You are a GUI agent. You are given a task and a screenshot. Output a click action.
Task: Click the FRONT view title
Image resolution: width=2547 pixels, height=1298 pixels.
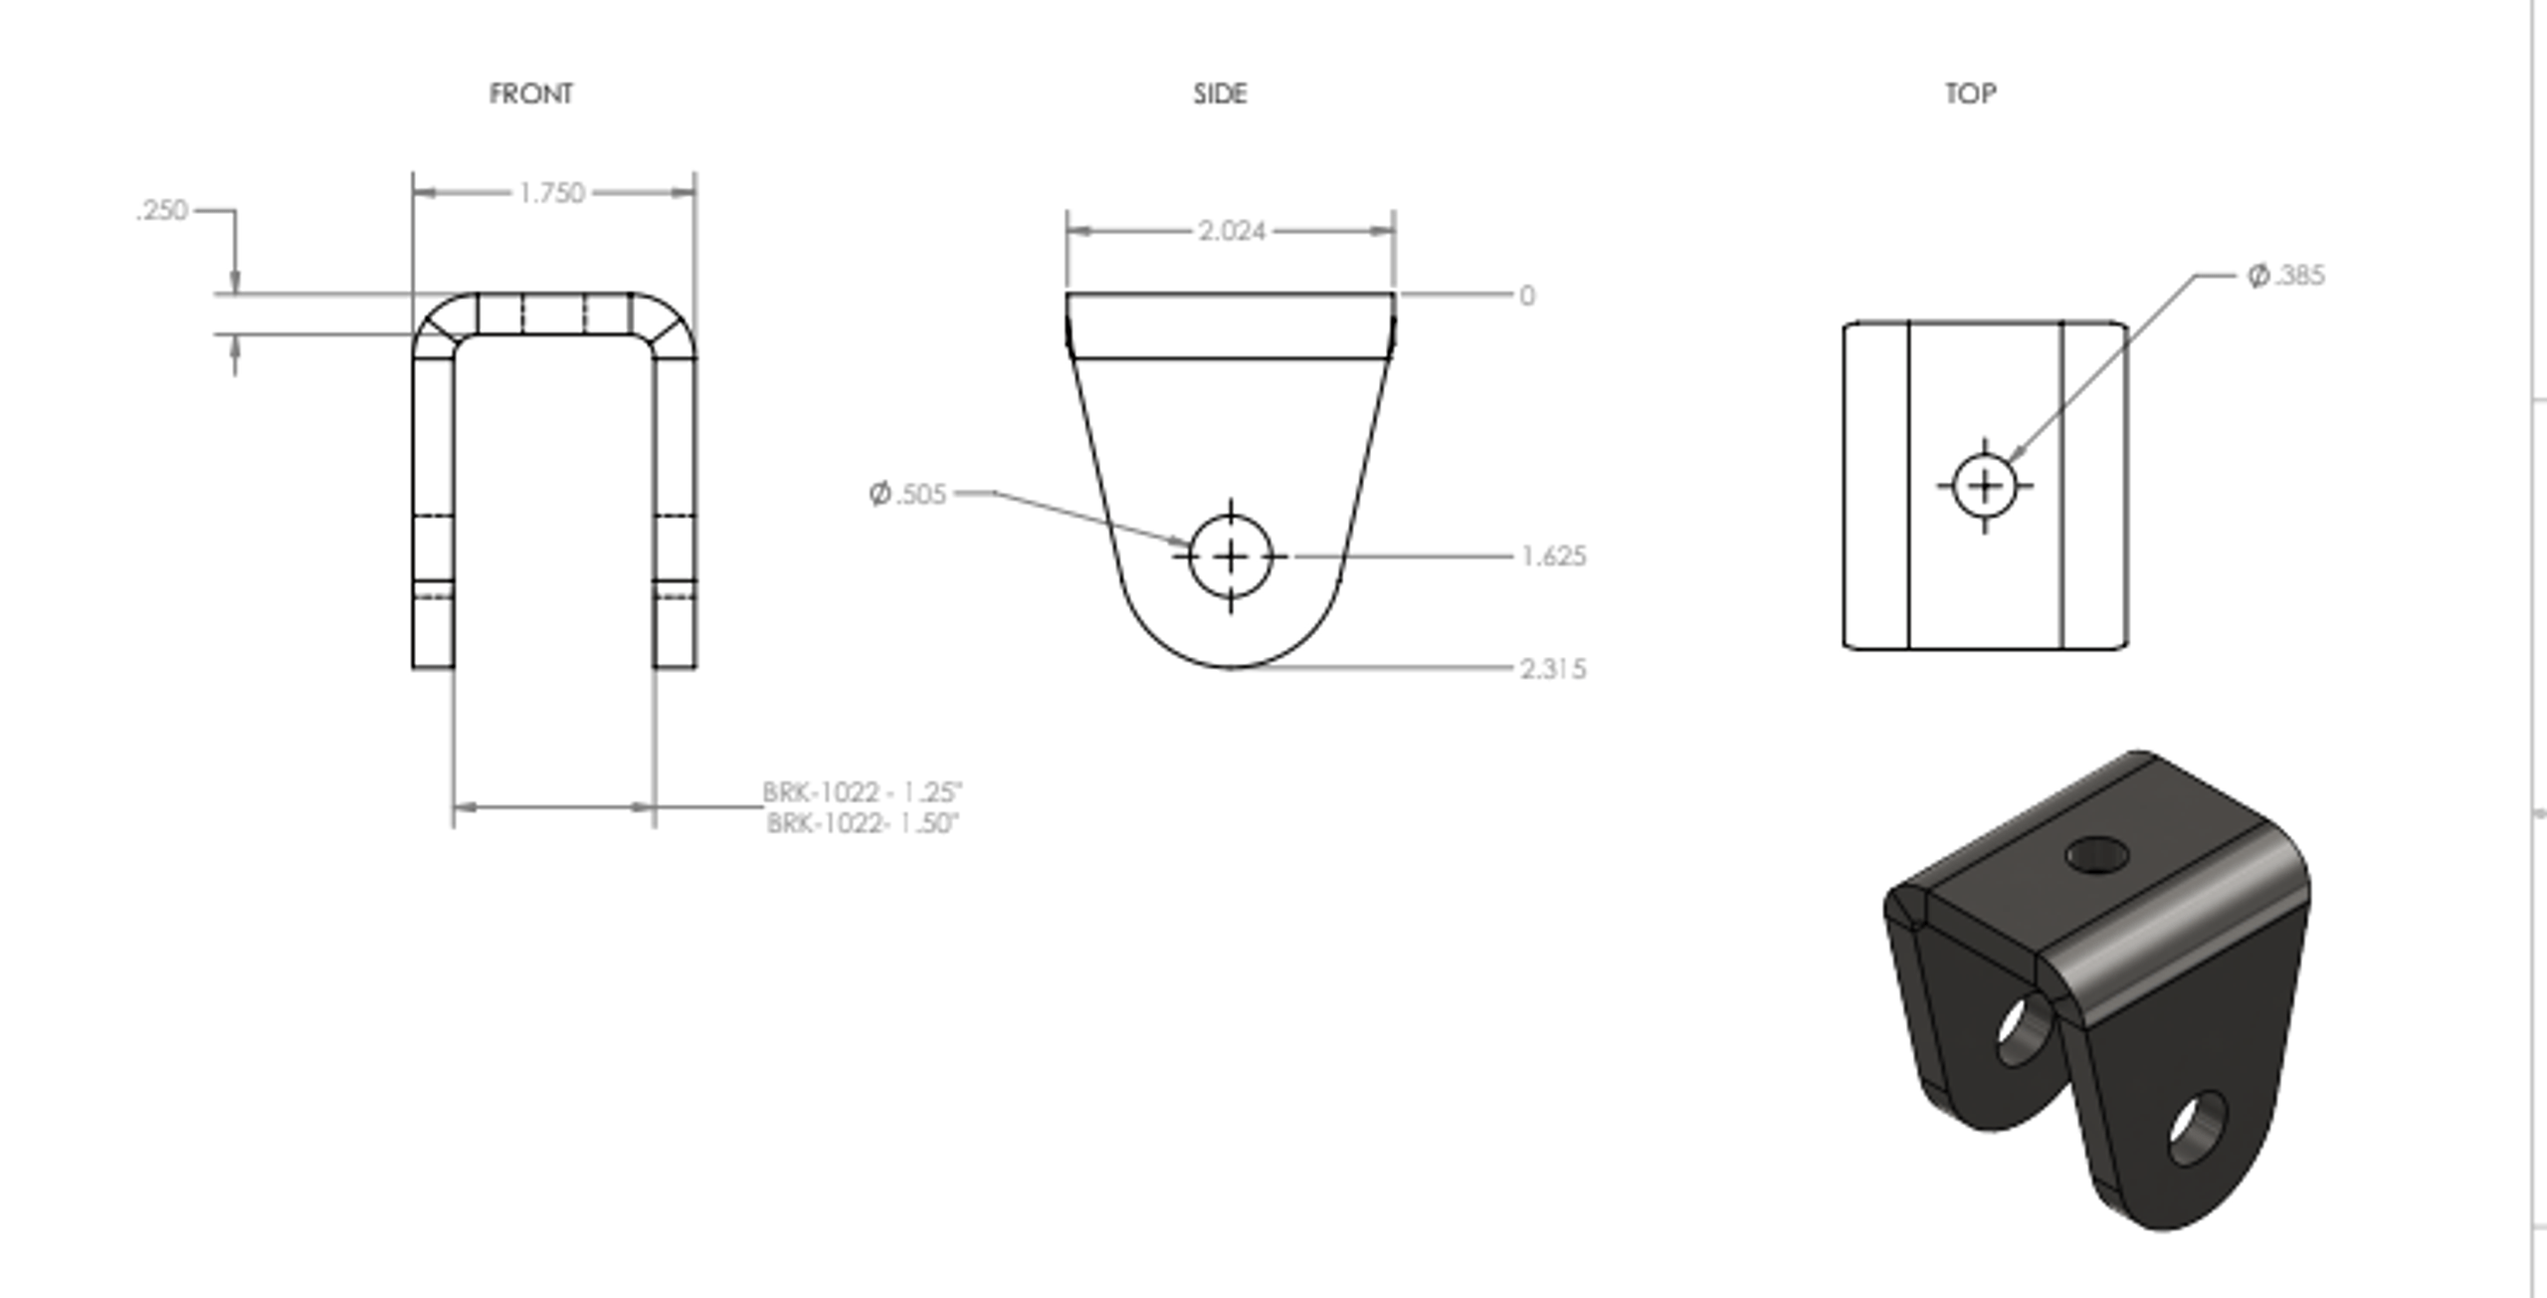tap(530, 94)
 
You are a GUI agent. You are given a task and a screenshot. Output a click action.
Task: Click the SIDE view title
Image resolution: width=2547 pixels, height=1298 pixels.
tap(1220, 94)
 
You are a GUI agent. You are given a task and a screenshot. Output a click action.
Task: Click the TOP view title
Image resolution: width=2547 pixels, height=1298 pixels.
tap(1970, 94)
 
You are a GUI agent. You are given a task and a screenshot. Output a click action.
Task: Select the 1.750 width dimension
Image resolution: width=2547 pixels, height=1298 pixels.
tap(552, 193)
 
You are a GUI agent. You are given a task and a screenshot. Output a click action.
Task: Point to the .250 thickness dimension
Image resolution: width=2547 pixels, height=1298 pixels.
tap(163, 211)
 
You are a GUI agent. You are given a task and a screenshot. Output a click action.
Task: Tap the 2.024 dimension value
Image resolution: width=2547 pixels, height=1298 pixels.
tap(1232, 231)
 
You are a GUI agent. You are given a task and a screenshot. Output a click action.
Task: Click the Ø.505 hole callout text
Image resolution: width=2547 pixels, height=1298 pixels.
tap(907, 494)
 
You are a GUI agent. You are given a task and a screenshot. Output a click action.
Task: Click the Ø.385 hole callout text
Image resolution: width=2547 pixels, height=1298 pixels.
tap(2286, 276)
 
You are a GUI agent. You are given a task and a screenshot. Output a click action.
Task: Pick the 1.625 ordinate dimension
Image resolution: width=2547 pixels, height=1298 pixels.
tap(1553, 556)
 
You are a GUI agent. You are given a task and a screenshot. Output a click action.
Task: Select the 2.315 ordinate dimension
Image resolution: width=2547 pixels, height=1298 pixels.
tap(1553, 669)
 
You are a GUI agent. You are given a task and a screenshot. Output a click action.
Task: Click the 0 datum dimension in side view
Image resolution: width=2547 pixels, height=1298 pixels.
tap(1527, 296)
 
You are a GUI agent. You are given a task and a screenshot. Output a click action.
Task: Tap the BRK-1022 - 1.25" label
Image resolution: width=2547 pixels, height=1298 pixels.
tap(862, 792)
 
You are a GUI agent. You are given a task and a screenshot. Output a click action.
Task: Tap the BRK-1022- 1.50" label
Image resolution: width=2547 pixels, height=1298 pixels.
tap(862, 823)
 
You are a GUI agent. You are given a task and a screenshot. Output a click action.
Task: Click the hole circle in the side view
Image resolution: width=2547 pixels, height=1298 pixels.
tap(1231, 557)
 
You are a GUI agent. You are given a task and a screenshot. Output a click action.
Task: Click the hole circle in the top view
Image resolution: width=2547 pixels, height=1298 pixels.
tap(1985, 486)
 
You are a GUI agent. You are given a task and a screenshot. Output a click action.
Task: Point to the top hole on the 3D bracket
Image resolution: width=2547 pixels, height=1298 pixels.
tap(2096, 854)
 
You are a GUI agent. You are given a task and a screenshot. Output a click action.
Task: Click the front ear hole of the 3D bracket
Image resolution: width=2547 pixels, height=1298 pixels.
tap(2197, 1128)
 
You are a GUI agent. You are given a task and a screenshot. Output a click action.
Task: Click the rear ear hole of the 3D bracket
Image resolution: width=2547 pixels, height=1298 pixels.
tap(2024, 1031)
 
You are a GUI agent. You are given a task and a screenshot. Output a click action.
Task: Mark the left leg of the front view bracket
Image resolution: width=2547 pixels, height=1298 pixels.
tap(433, 508)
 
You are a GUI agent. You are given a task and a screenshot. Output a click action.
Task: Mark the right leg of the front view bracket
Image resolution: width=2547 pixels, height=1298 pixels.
tap(675, 508)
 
